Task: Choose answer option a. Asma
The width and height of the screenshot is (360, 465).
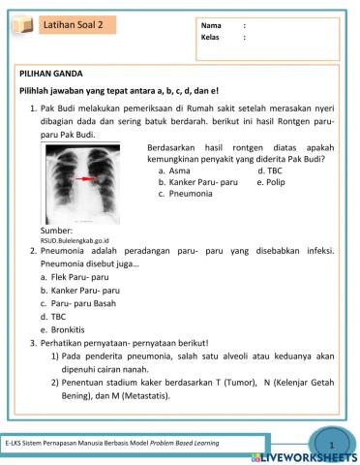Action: point(173,170)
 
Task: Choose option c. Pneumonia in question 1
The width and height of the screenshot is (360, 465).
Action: point(186,193)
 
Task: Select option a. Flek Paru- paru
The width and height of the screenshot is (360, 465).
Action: point(74,276)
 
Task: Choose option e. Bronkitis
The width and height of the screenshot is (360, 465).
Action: point(67,329)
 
